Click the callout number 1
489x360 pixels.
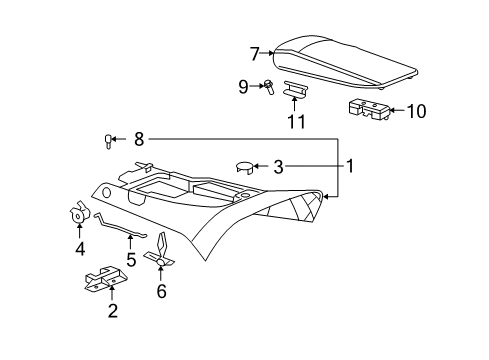(350, 165)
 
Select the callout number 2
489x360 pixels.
(113, 311)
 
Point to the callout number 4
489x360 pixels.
(78, 249)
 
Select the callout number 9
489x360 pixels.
(243, 87)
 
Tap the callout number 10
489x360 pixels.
(415, 111)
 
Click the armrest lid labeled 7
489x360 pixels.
(350, 60)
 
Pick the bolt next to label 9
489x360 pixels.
(269, 87)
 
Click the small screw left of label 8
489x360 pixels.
(108, 139)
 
